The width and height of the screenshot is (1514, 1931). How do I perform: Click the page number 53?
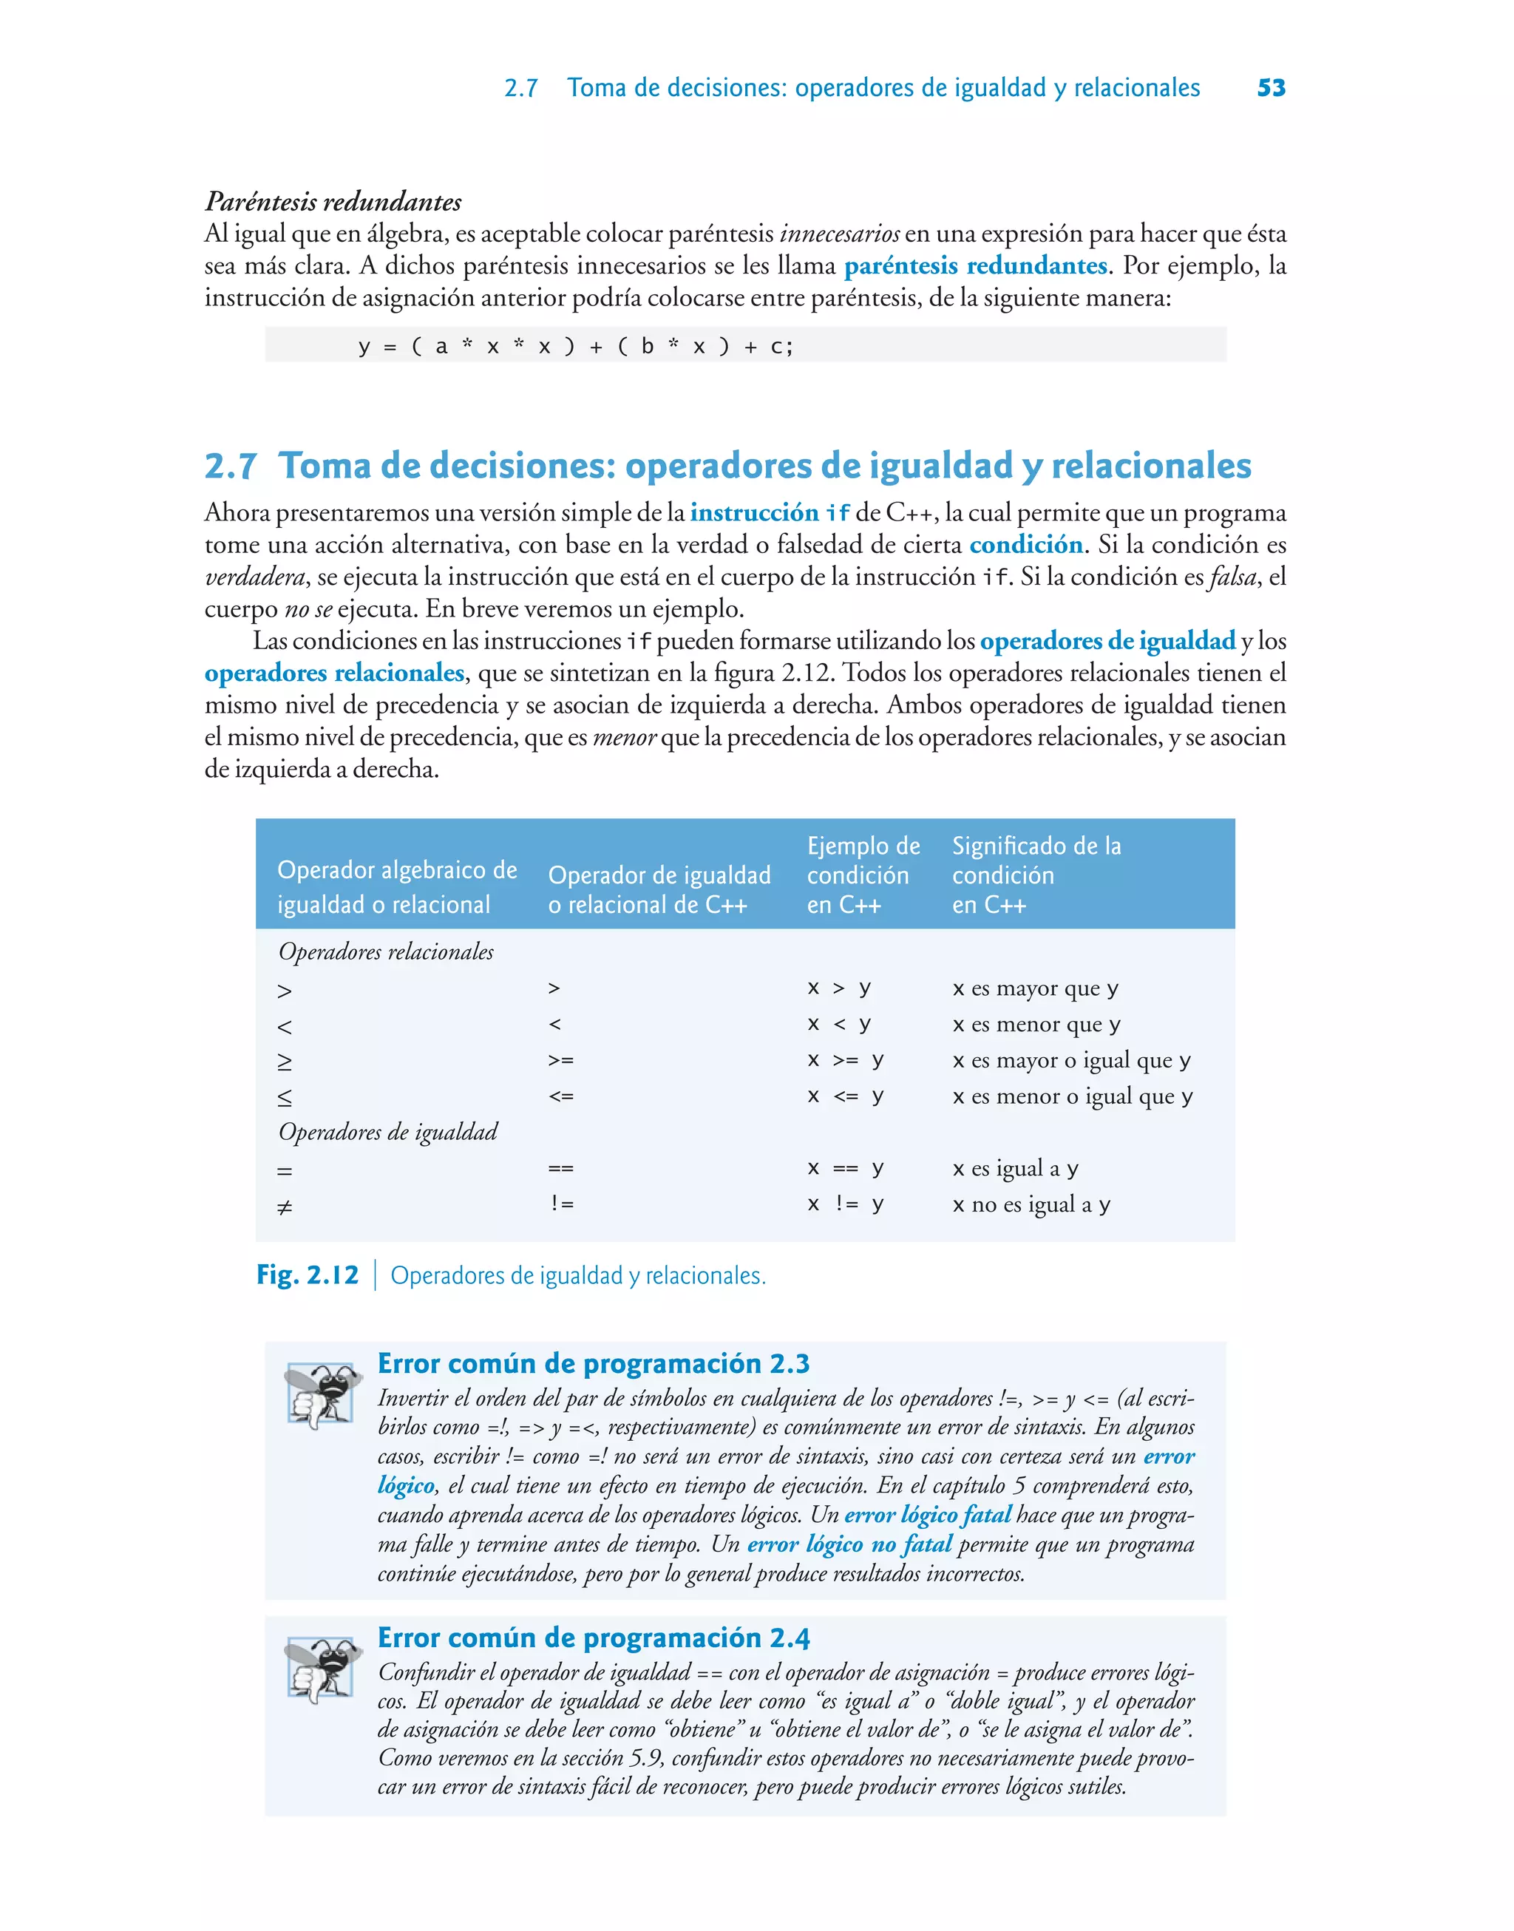1270,88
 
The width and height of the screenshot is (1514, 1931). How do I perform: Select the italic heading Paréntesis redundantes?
333,201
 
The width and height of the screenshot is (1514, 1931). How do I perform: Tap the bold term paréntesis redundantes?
975,266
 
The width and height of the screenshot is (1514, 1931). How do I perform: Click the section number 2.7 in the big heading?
231,466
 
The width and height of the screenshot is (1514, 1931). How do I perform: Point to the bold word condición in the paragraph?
1025,544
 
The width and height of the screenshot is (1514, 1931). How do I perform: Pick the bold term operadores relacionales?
334,673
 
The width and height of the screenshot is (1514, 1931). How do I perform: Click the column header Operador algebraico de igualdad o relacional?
396,886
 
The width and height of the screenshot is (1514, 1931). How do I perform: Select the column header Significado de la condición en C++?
1036,875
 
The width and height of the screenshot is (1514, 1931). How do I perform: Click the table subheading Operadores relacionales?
386,951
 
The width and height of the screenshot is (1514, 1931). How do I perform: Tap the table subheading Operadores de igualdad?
387,1132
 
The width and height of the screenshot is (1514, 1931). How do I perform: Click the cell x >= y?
845,1060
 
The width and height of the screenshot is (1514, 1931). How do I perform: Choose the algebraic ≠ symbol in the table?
285,1206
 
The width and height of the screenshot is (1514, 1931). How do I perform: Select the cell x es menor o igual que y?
1072,1096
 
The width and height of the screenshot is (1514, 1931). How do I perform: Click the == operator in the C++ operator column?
560,1168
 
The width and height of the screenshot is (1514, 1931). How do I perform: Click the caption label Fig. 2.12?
307,1275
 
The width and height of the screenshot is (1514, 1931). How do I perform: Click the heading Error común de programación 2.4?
593,1637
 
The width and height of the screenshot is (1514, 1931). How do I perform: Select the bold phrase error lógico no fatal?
849,1544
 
